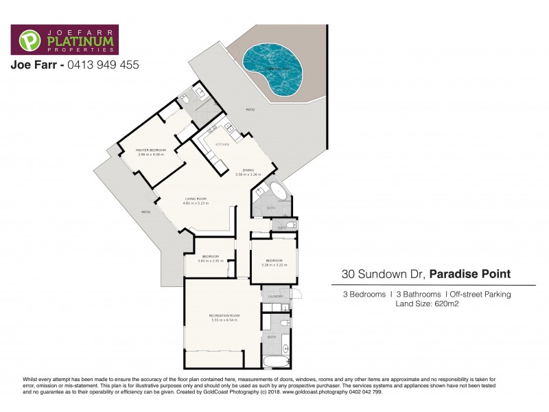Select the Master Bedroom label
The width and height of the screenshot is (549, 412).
coord(151,150)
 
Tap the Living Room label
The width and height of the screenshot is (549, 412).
coord(196,199)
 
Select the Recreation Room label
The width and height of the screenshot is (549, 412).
coord(223,316)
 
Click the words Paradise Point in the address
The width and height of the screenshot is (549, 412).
coord(471,274)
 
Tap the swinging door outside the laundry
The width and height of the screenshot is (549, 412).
coord(296,296)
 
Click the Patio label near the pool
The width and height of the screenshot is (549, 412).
coord(251,110)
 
